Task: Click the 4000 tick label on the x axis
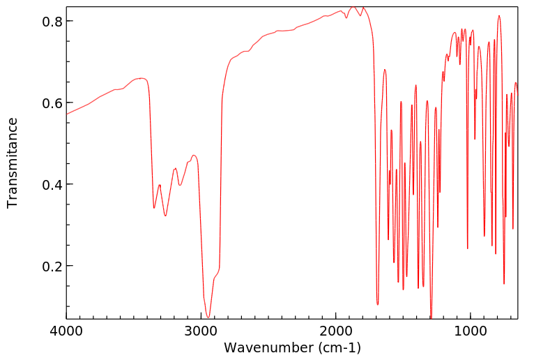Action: pos(67,331)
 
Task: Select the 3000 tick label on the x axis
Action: pos(201,331)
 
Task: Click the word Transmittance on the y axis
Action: pos(13,163)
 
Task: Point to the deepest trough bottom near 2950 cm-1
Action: pos(208,318)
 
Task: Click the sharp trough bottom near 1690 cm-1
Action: pos(378,305)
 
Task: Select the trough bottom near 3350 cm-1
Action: pos(154,208)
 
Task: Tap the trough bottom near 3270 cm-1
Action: pos(165,216)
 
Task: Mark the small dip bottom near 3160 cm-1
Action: pos(180,186)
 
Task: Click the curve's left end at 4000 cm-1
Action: pos(67,114)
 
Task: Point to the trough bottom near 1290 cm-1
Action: pos(432,318)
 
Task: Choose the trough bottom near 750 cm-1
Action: pos(504,284)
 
